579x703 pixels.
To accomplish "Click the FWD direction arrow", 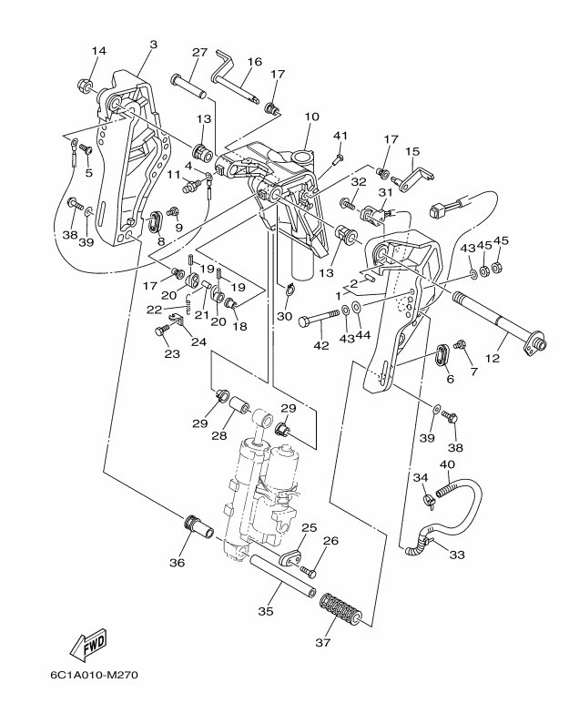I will [88, 646].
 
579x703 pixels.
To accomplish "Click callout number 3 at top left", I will [153, 45].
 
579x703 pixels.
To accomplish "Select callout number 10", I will [311, 117].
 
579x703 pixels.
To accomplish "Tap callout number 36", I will [178, 562].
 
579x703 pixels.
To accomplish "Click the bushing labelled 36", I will [196, 526].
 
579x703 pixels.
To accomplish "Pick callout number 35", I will [265, 611].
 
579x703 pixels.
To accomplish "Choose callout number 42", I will [320, 345].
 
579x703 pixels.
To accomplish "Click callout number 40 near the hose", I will [447, 464].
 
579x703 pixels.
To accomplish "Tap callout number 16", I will [254, 62].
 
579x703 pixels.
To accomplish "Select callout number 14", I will [98, 50].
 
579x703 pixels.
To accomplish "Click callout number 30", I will [284, 317].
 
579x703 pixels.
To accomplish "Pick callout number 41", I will [340, 136].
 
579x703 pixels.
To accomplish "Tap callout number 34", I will [420, 477].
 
